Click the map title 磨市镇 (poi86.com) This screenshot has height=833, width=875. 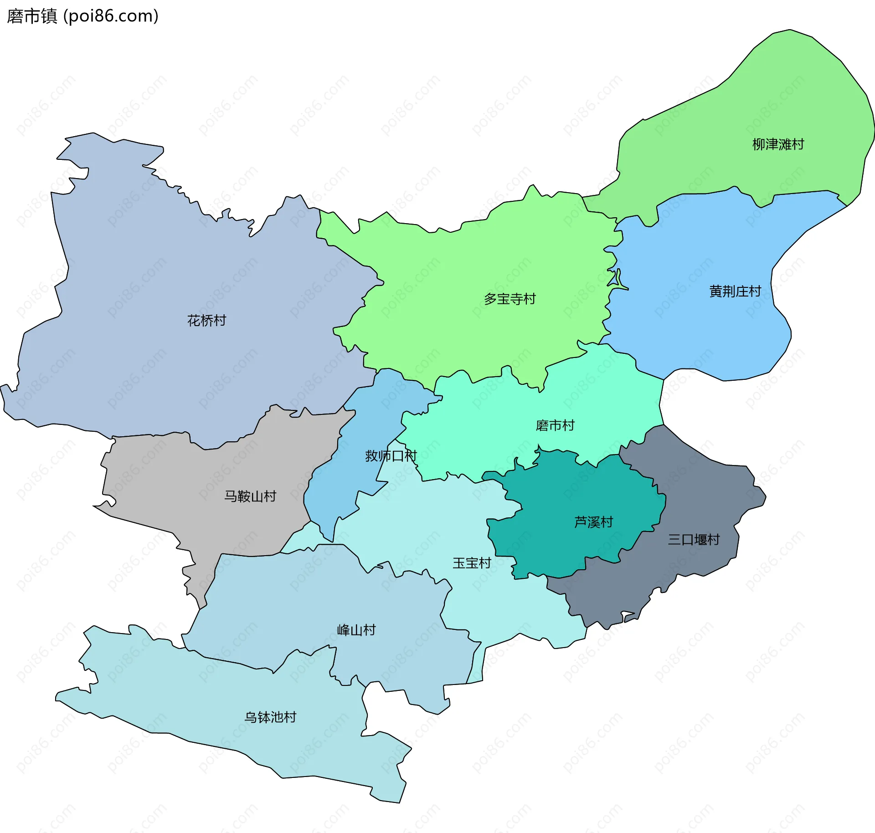(82, 16)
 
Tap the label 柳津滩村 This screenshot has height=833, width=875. (778, 144)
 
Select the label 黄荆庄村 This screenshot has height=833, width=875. (735, 291)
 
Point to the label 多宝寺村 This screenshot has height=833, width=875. (510, 299)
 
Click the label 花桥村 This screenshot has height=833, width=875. (206, 320)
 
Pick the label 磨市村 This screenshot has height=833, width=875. (555, 425)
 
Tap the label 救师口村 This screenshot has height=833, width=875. (391, 455)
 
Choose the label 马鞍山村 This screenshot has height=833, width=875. (250, 496)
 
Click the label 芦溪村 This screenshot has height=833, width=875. (593, 522)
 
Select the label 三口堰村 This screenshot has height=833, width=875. (694, 540)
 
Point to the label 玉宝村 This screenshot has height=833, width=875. (472, 563)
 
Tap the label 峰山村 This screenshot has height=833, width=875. (356, 630)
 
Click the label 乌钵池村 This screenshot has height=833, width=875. (270, 717)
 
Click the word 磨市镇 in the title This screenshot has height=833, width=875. (32, 16)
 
